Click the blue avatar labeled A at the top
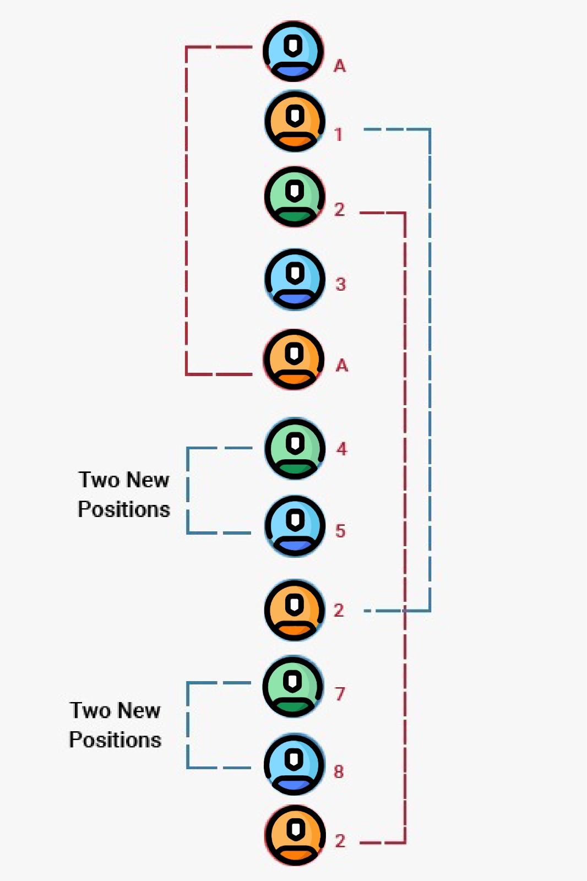click(x=293, y=51)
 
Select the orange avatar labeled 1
click(x=295, y=122)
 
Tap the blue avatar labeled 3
click(x=295, y=279)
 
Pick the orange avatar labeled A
click(x=293, y=359)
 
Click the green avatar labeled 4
click(x=295, y=448)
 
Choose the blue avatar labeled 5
click(x=295, y=526)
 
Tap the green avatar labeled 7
click(x=293, y=686)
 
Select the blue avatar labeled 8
click(x=294, y=764)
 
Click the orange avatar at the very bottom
click(x=295, y=835)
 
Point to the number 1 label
click(x=339, y=135)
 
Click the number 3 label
click(x=340, y=285)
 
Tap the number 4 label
click(x=342, y=449)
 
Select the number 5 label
click(x=340, y=531)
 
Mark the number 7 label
click(x=340, y=694)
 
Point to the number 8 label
click(x=339, y=772)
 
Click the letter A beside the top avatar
click(x=340, y=67)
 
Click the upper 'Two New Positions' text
click(x=124, y=494)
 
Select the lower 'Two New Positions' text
click(x=115, y=725)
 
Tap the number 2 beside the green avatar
click(x=339, y=210)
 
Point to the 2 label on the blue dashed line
click(x=339, y=611)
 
